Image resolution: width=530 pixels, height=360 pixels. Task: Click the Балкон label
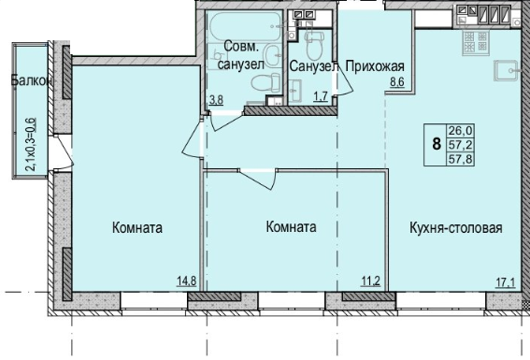pos(32,81)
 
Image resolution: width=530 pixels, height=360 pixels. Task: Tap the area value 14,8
pos(186,281)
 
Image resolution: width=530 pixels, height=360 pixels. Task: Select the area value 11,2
pos(370,281)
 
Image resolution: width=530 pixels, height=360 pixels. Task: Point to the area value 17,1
pos(506,282)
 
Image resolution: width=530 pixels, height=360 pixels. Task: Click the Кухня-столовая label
pos(456,228)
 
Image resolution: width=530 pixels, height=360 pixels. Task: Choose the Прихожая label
pos(375,66)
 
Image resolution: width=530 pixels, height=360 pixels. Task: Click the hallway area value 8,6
pos(397,82)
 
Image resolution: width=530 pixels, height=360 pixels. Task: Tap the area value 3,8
pos(216,100)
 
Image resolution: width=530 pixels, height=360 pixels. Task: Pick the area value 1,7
pos(321,96)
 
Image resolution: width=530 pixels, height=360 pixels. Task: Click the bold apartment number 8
pos(437,144)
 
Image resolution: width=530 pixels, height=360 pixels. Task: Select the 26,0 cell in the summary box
pos(461,130)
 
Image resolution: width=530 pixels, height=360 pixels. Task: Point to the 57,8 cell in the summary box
pos(461,159)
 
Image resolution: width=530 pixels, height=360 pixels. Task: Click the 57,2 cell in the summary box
pos(461,145)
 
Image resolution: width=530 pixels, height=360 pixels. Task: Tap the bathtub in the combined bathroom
pos(246,26)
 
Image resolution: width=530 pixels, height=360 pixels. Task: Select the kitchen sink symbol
pos(506,71)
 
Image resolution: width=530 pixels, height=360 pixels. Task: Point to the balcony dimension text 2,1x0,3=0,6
pos(32,145)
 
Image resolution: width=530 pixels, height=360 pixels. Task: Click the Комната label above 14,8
pos(137,228)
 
